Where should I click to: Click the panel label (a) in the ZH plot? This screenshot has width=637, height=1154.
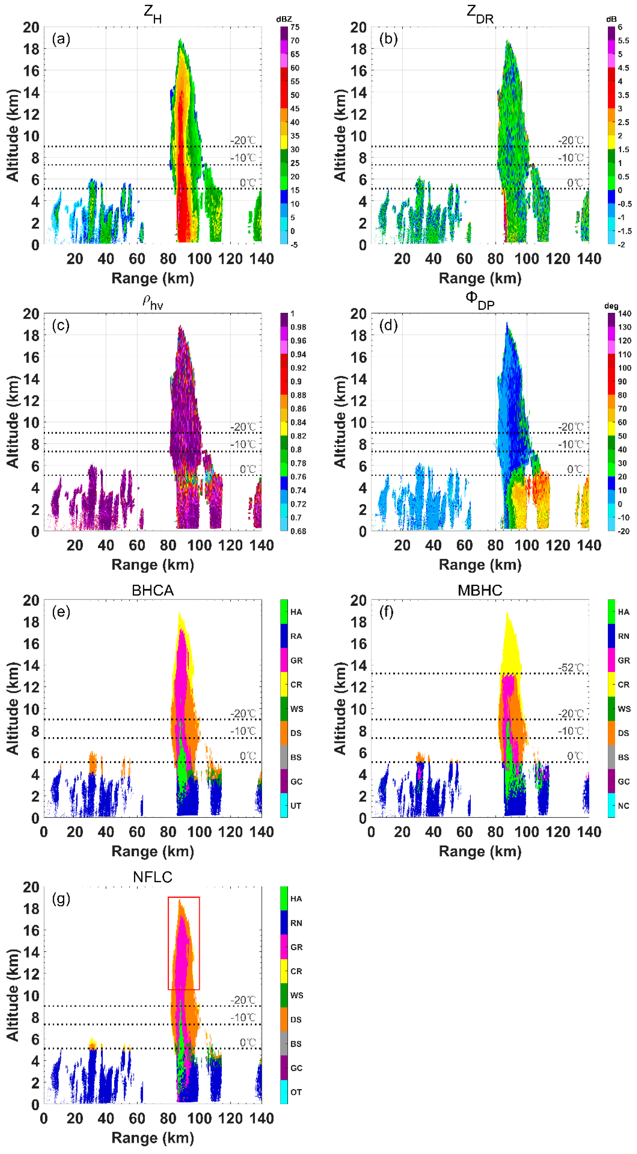(x=61, y=39)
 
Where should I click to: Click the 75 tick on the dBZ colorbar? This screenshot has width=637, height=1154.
(x=295, y=27)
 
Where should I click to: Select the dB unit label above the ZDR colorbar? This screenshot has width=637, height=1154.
(x=611, y=19)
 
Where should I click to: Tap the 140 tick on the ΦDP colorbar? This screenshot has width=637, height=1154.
(x=625, y=314)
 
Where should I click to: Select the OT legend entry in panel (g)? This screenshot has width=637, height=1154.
(x=296, y=1092)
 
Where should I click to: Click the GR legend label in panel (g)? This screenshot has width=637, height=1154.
(x=296, y=947)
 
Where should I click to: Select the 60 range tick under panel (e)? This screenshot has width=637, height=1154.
(x=137, y=832)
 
